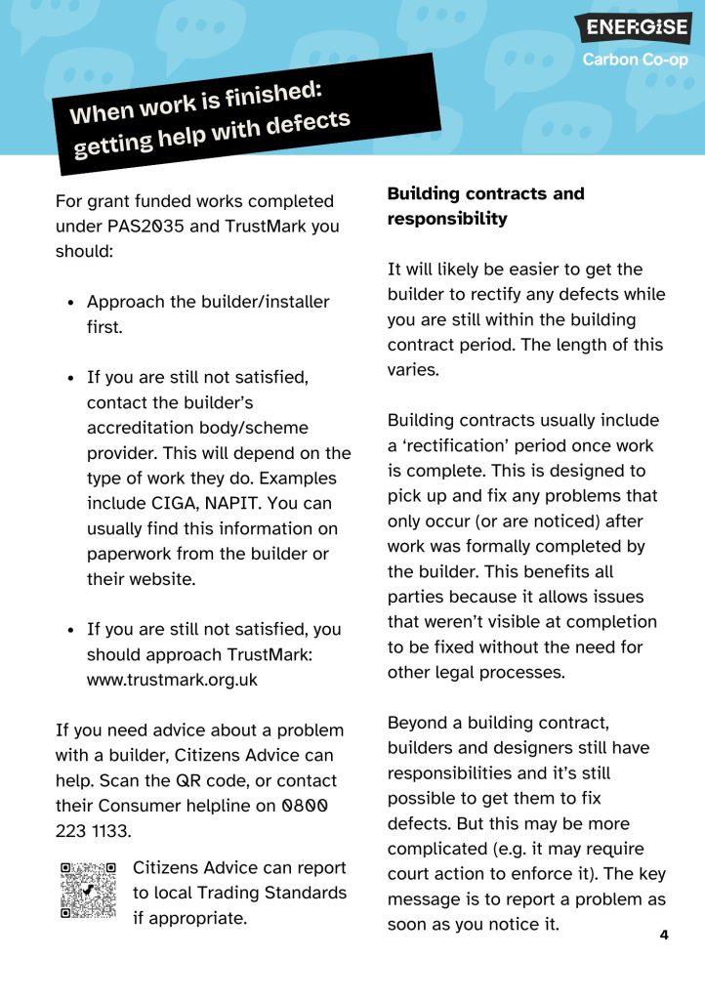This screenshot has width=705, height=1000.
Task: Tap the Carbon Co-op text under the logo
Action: coord(636,60)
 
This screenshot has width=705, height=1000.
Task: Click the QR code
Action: coord(88,890)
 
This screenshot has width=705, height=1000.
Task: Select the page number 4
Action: coord(664,935)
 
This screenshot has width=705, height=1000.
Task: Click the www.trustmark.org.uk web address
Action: coord(172,680)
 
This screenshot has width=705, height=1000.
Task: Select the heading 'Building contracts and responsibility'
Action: coord(485,206)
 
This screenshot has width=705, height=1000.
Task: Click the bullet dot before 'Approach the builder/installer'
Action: coord(71,303)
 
